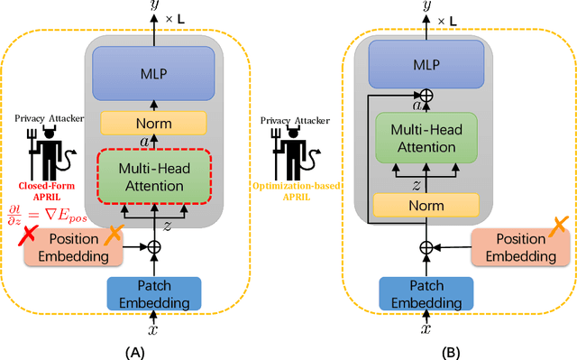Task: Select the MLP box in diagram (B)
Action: pos(426,65)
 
